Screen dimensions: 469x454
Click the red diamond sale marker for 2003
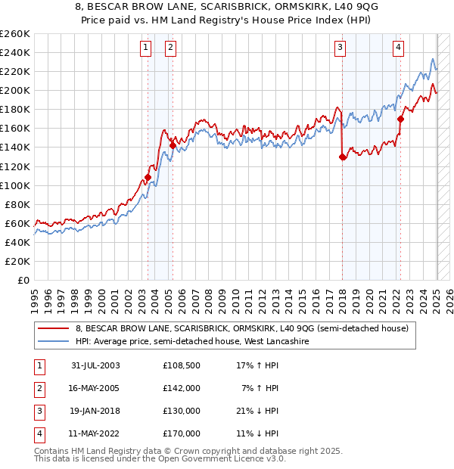(148, 178)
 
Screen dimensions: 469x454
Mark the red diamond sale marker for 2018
(343, 157)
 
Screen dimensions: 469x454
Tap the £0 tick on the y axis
(23, 280)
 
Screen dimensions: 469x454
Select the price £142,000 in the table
(182, 388)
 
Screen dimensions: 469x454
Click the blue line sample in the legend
(53, 341)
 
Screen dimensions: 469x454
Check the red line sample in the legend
(53, 328)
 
